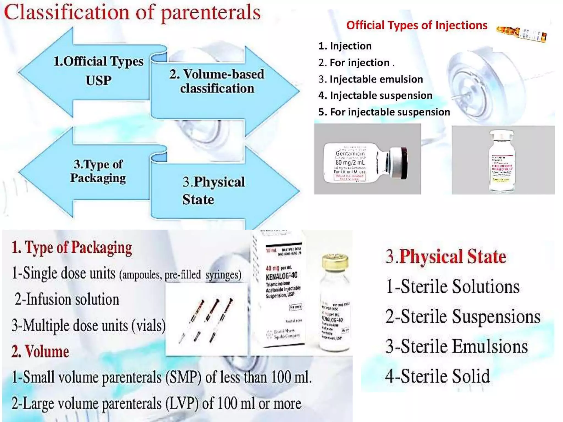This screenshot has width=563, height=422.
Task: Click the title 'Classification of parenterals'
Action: coord(132,12)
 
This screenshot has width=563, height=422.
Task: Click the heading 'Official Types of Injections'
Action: coord(416,25)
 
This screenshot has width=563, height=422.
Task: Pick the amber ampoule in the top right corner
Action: coord(521,34)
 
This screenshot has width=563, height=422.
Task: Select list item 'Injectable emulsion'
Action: coord(376,79)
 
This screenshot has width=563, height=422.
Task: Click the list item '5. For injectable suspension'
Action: coord(384,112)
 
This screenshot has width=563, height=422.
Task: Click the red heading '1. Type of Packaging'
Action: coord(72,248)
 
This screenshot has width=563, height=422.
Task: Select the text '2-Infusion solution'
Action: coord(67,299)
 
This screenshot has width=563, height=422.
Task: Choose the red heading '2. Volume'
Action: coord(40,351)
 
